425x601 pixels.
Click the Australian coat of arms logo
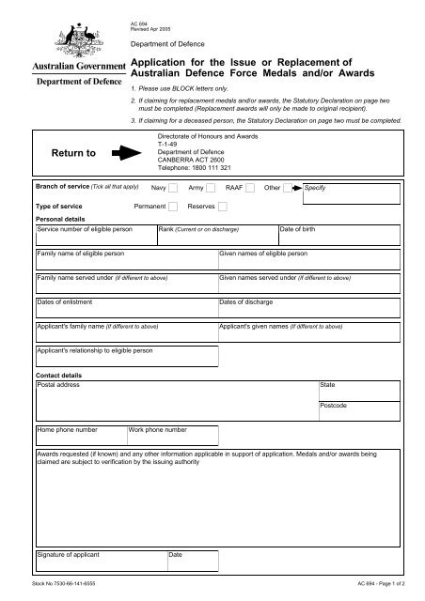pos(63,35)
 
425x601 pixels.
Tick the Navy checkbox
pos(171,188)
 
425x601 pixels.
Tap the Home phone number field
pos(80,438)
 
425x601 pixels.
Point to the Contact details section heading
pos(59,375)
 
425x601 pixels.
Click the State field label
pos(327,385)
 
